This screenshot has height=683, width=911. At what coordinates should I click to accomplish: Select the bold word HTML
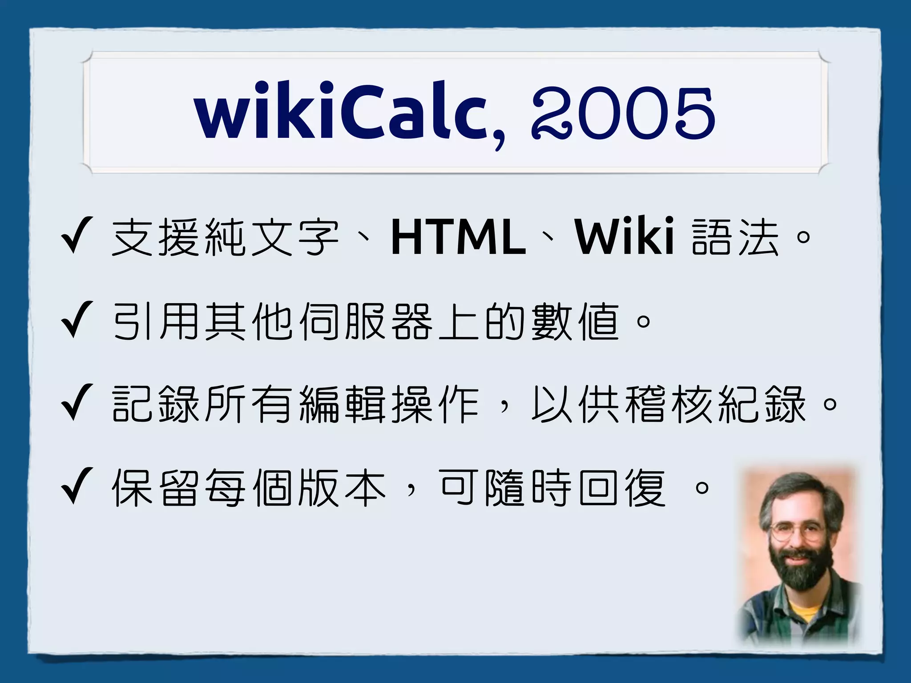point(458,238)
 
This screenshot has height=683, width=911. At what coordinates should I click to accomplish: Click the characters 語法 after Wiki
point(736,238)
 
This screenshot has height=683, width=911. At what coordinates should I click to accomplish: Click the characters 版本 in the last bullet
point(343,488)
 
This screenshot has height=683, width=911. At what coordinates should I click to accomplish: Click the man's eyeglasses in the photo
point(796,531)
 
